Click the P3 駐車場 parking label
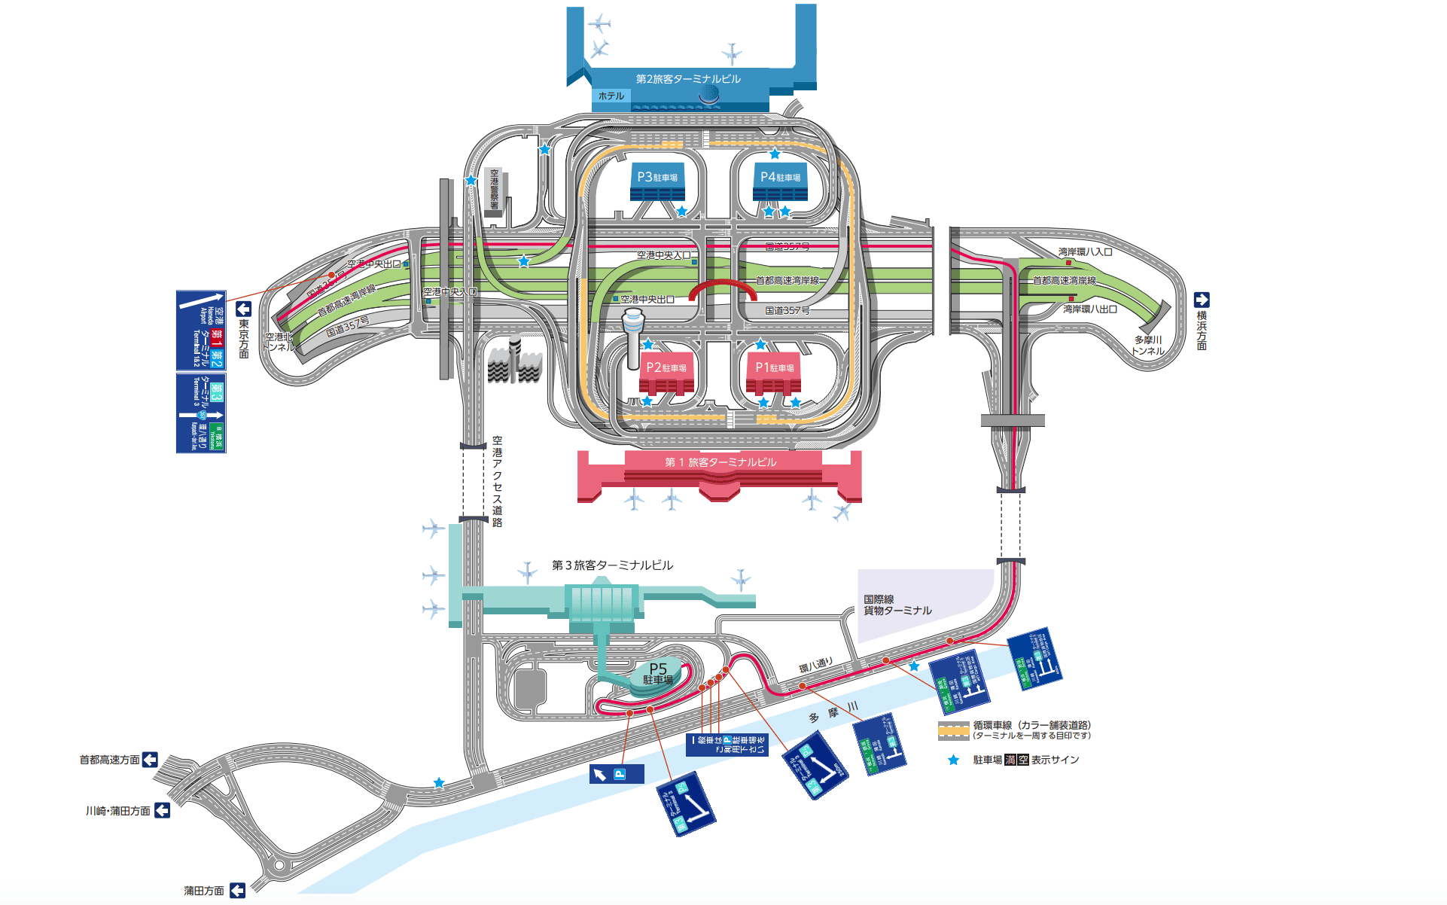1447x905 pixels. click(657, 177)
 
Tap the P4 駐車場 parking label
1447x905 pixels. click(780, 177)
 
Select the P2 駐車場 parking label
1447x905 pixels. click(666, 367)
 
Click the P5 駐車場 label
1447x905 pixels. click(658, 673)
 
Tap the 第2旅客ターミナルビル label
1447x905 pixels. click(688, 79)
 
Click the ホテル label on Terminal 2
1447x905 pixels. click(611, 96)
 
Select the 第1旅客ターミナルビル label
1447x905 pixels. click(720, 462)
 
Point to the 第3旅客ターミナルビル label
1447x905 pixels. click(612, 565)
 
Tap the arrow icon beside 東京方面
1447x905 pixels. click(243, 309)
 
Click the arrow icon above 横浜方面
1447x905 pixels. click(1202, 300)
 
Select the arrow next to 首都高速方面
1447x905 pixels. click(150, 760)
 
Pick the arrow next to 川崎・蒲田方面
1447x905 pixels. click(162, 811)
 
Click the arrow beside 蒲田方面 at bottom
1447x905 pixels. click(237, 891)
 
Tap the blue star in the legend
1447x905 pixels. click(953, 760)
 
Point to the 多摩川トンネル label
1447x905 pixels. click(1148, 346)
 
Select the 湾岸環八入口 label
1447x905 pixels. click(1085, 252)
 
